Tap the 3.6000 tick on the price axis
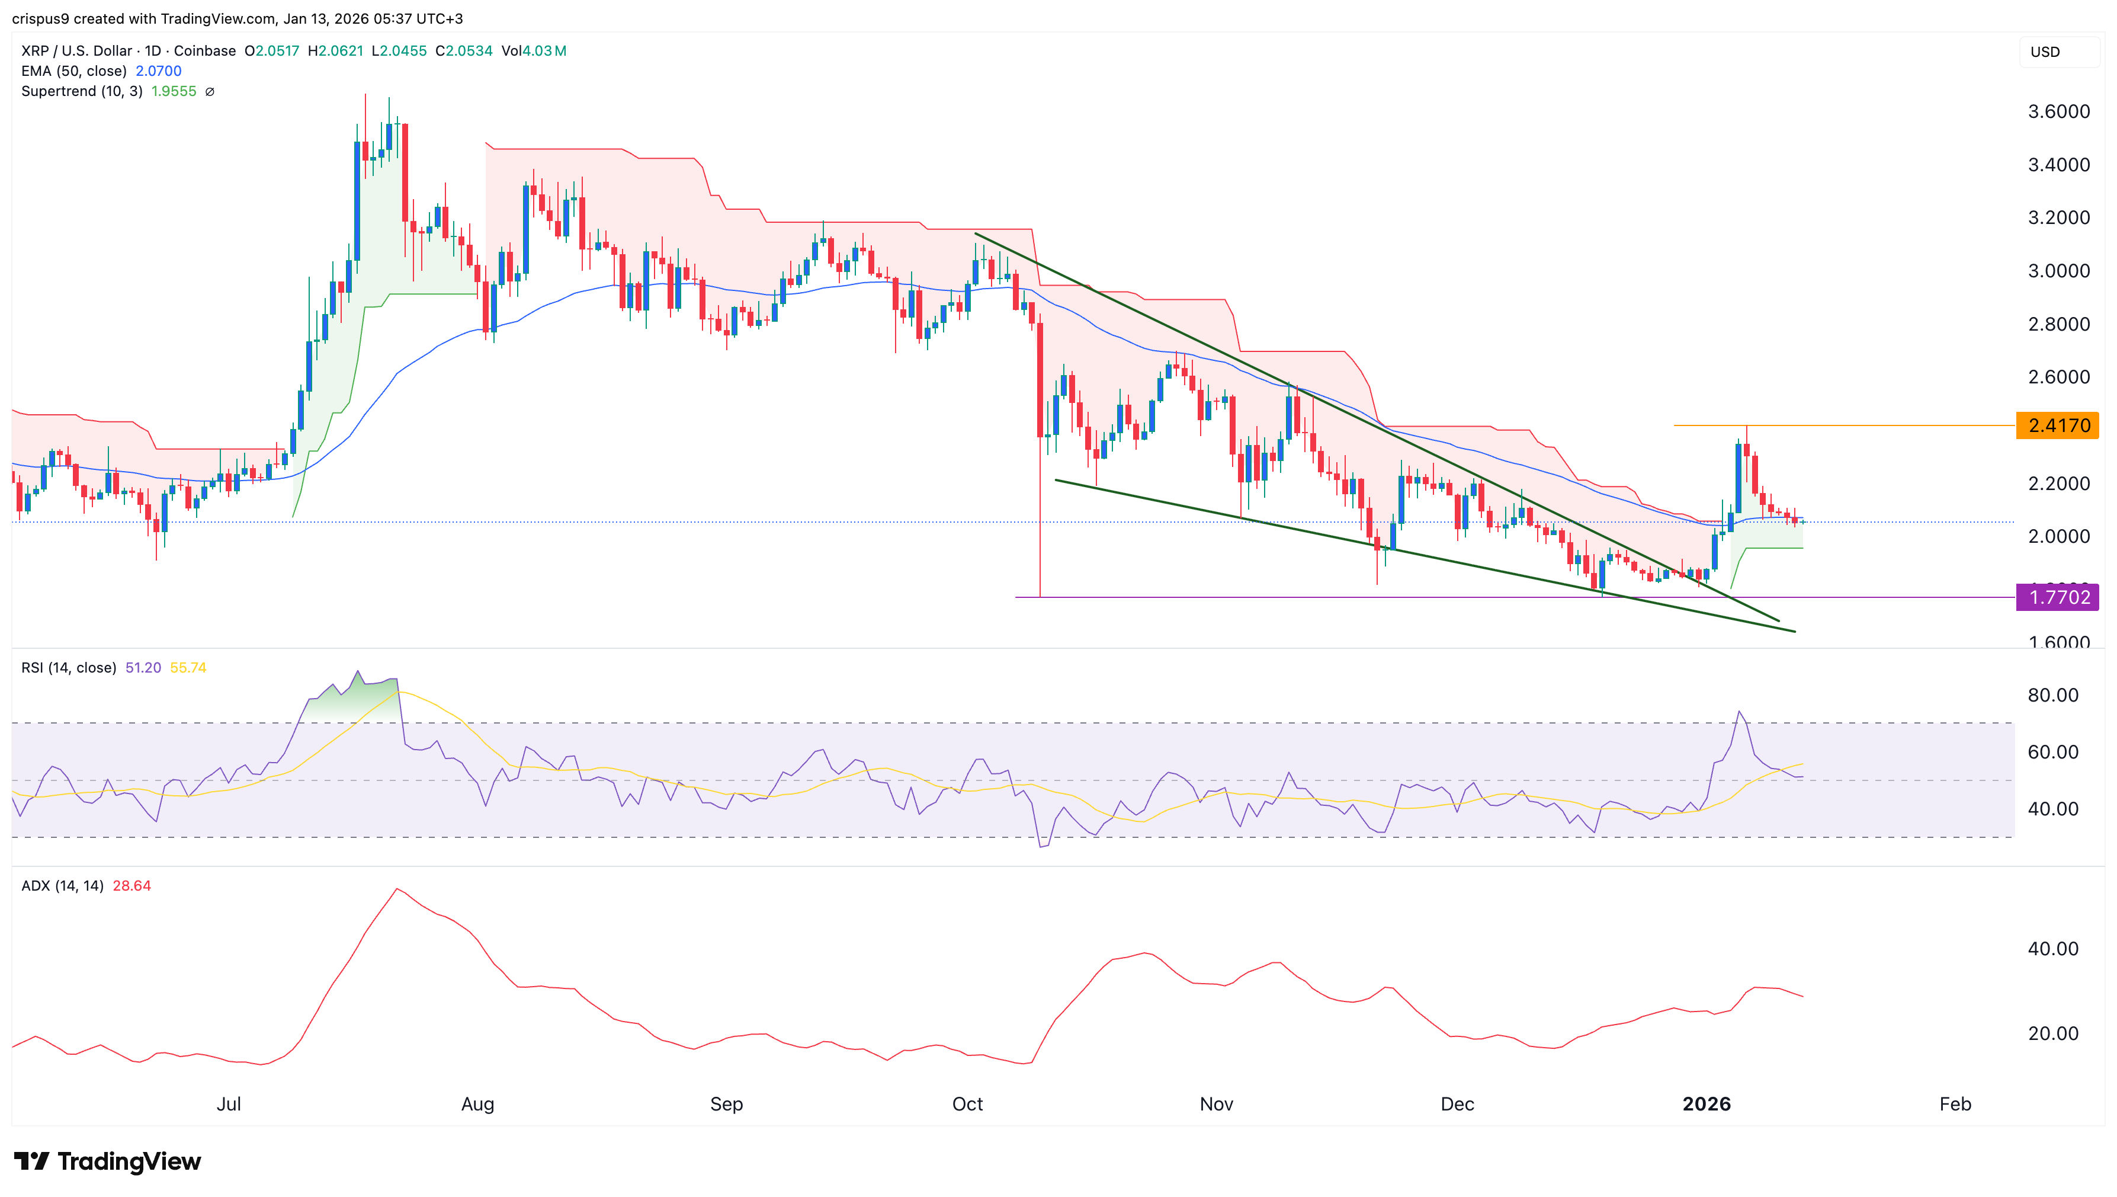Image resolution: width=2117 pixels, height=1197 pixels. point(2058,112)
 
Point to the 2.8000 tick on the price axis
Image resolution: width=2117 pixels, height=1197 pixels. point(2058,324)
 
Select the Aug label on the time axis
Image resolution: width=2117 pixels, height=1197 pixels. point(477,1104)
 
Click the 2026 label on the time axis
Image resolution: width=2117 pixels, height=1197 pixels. point(1706,1104)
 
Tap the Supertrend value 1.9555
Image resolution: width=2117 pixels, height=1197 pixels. point(174,91)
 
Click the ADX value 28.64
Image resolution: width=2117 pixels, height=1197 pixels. point(131,885)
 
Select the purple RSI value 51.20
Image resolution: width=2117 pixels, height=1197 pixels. point(143,668)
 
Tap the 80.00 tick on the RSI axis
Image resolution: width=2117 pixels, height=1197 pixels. point(2052,696)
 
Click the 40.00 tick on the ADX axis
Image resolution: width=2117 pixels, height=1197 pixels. point(2052,949)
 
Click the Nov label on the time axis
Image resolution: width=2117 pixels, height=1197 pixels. point(1216,1104)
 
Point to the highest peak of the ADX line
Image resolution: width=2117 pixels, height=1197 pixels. point(397,889)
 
